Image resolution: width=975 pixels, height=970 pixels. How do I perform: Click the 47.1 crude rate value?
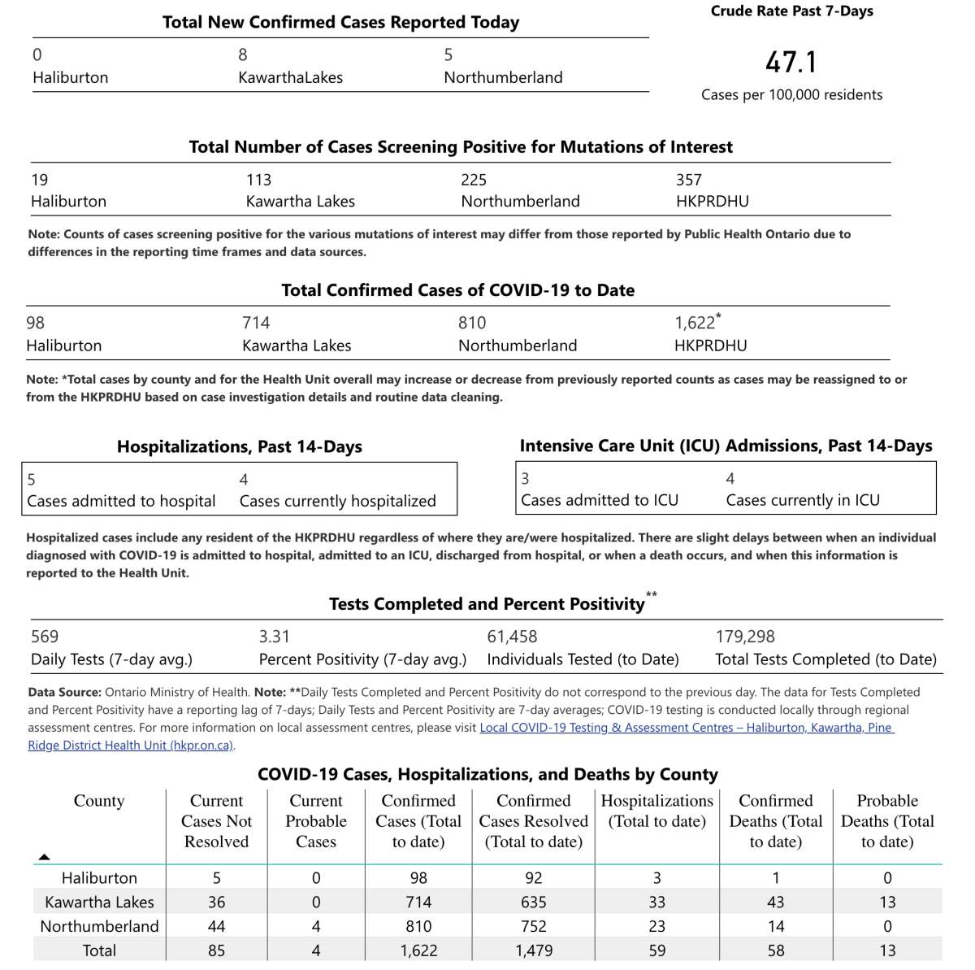791,63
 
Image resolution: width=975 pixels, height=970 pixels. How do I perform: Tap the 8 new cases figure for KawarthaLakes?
243,54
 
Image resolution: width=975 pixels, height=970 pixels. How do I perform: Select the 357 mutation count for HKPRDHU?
688,180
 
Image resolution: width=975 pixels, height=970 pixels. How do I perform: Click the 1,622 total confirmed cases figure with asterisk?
695,323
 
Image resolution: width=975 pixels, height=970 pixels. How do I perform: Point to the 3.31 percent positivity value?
274,637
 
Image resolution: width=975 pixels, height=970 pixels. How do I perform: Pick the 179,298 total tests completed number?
745,637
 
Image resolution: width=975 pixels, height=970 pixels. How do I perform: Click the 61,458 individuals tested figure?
512,637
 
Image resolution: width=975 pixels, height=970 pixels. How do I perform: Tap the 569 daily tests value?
45,637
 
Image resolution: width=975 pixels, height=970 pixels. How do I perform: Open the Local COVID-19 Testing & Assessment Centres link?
687,728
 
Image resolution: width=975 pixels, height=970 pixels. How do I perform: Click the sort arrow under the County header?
45,856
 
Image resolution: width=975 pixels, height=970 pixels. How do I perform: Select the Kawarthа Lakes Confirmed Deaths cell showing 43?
775,902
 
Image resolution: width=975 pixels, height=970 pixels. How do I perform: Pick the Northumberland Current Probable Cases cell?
316,926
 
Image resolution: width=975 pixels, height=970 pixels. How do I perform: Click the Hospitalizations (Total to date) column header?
656,811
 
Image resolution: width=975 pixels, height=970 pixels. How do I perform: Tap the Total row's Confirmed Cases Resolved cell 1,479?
534,950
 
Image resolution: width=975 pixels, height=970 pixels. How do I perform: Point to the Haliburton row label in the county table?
99,878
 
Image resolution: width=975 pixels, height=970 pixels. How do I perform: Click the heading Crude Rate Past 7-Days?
791,11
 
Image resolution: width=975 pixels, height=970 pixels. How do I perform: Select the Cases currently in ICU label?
802,500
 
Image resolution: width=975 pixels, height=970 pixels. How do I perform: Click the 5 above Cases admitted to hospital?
32,480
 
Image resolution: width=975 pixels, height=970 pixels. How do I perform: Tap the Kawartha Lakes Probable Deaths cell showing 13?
887,902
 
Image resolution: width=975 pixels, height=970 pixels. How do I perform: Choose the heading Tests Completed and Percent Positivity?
487,604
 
